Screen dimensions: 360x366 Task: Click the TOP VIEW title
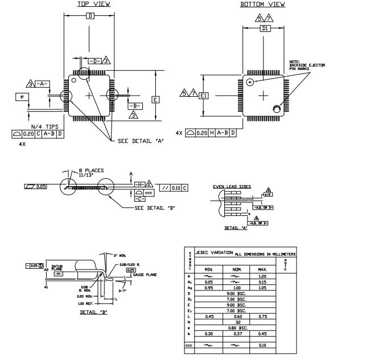point(94,4)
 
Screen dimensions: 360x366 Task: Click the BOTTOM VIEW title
point(262,5)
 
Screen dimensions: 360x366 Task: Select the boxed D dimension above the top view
point(89,16)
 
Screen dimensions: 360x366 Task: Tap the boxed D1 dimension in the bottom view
point(264,28)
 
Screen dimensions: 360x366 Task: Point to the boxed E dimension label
point(155,99)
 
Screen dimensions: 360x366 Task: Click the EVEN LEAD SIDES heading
point(232,186)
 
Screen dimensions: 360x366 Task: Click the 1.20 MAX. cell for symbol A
point(262,275)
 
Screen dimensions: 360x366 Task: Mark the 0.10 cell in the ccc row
point(262,345)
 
